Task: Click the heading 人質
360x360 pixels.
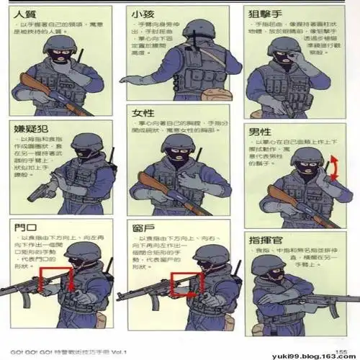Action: [25, 14]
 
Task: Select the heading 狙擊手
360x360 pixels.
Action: [266, 14]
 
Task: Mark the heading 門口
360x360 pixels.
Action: [24, 228]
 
